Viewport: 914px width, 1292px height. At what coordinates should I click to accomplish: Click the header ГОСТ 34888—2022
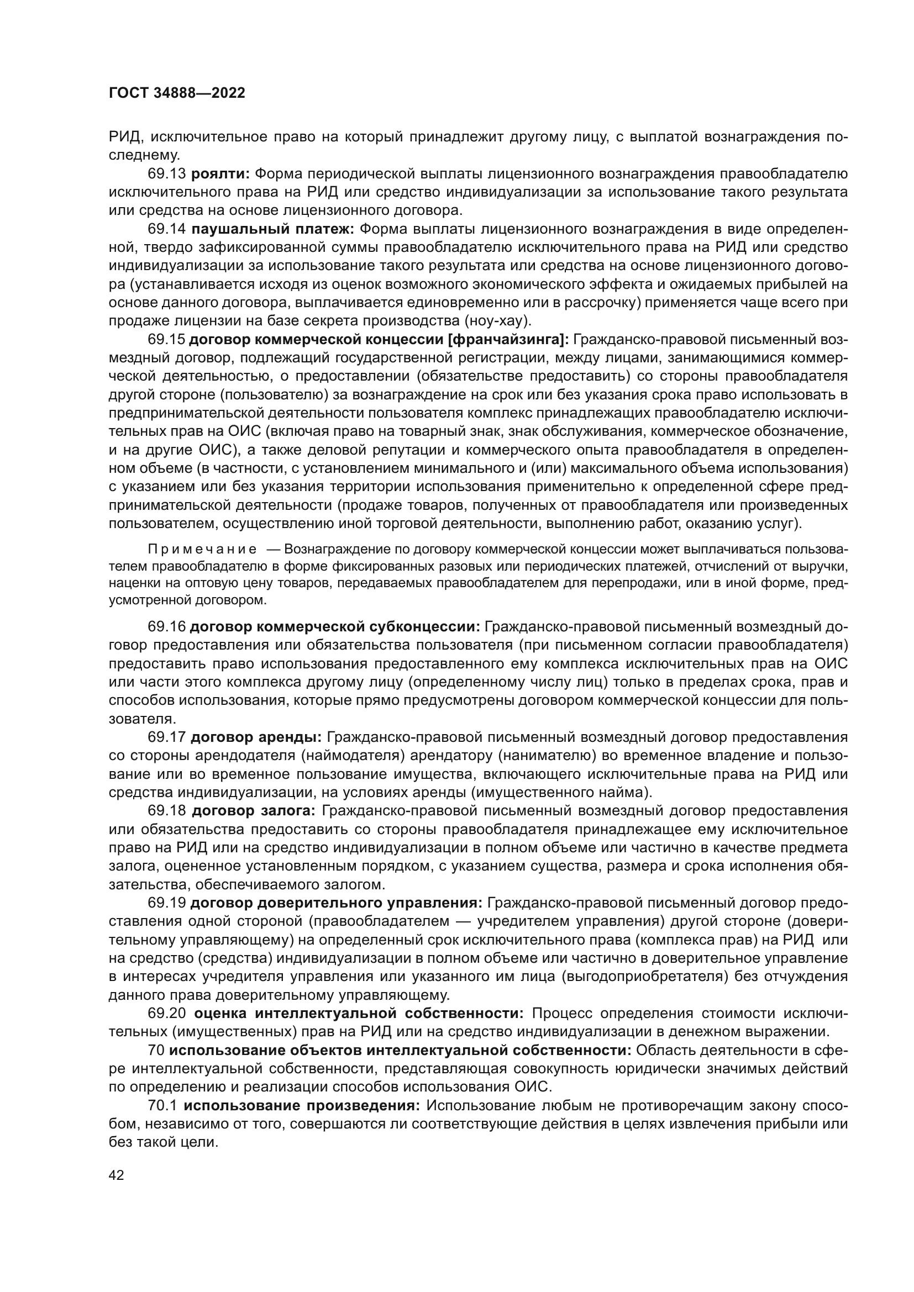[x=177, y=93]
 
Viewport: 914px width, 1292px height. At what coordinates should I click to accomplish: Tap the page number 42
[x=117, y=1174]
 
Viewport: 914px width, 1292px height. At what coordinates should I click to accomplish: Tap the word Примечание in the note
[x=202, y=549]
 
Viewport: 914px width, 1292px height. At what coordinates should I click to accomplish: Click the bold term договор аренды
[x=256, y=737]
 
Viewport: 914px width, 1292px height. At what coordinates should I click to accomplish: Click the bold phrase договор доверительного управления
[x=336, y=903]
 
